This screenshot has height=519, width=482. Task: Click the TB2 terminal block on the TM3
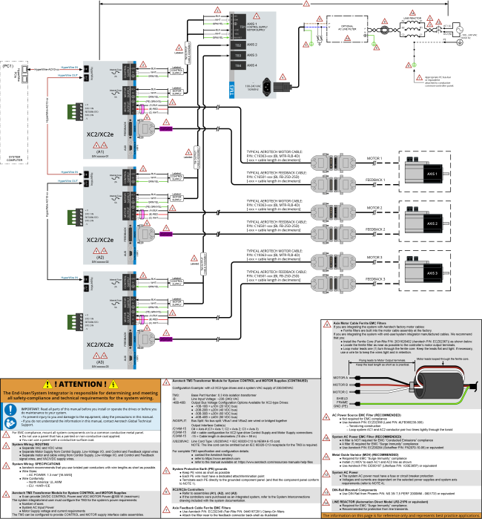pos(237,45)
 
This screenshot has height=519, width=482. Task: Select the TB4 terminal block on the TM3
pos(237,65)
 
